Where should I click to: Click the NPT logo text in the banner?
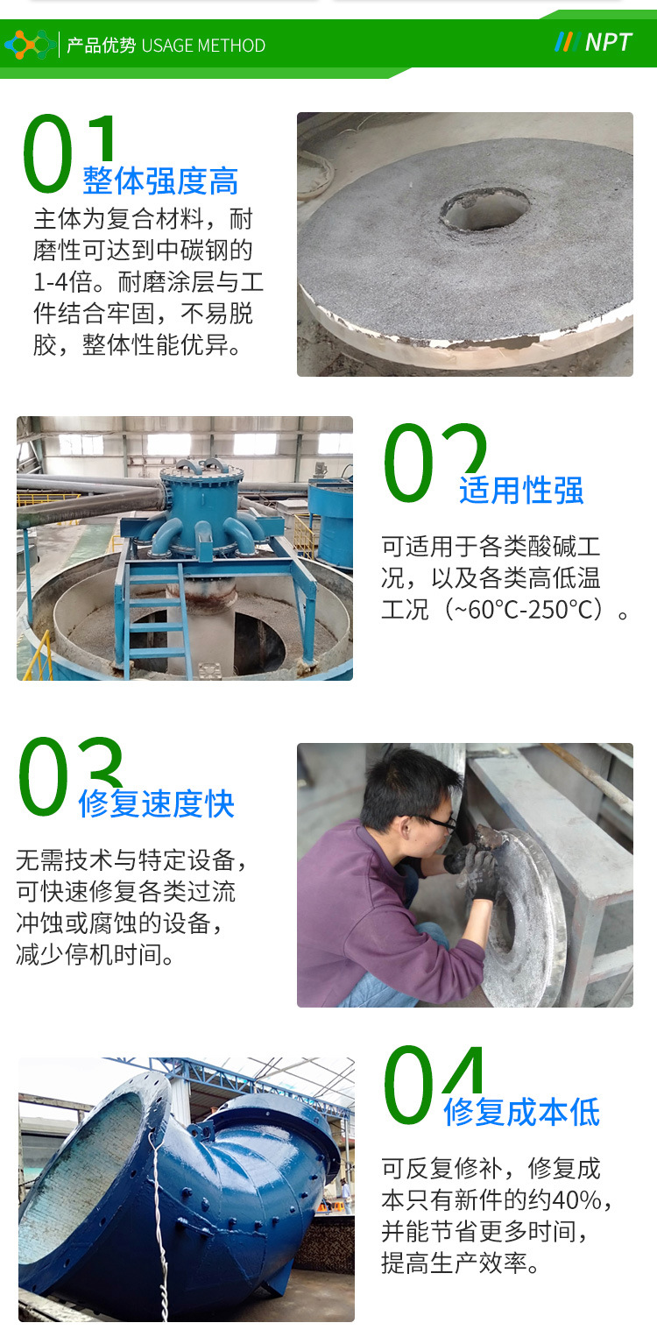[608, 42]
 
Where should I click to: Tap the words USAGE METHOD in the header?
[203, 46]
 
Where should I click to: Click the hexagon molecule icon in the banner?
[29, 45]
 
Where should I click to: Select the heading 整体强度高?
[160, 180]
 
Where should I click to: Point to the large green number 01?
[69, 153]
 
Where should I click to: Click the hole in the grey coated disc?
[484, 209]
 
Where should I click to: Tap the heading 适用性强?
[521, 491]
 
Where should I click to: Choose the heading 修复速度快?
[156, 803]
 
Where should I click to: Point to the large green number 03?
[70, 776]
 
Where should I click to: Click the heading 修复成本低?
[521, 1112]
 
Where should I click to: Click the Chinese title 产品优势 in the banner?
[102, 46]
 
